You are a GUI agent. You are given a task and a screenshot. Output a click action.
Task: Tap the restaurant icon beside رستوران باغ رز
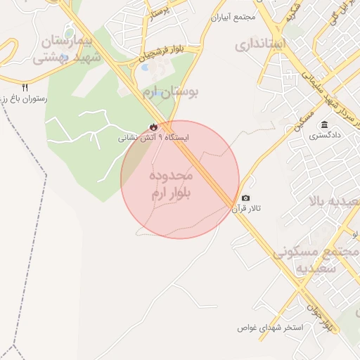click(x=25, y=87)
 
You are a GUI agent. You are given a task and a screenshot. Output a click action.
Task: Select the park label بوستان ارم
click(x=171, y=91)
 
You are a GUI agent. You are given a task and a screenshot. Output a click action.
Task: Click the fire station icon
click(x=152, y=126)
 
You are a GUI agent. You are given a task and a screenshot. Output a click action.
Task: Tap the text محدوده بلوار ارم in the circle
click(x=172, y=184)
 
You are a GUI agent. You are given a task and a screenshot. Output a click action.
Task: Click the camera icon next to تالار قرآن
click(x=245, y=198)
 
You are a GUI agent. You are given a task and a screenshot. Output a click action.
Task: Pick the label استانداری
click(x=261, y=45)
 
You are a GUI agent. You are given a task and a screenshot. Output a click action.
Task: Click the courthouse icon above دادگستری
click(x=324, y=124)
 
